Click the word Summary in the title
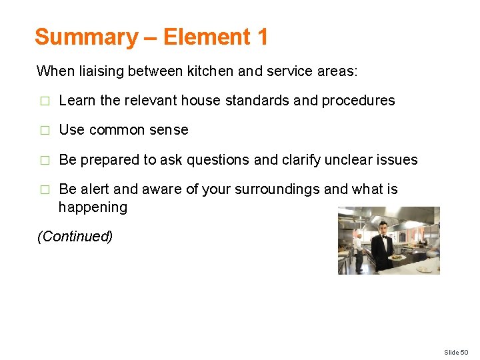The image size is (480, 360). pyautogui.click(x=85, y=37)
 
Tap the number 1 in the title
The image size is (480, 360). pyautogui.click(x=261, y=37)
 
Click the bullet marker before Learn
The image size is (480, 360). pyautogui.click(x=44, y=101)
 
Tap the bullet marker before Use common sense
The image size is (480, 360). pyautogui.click(x=44, y=131)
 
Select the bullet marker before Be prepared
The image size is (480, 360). pyautogui.click(x=44, y=161)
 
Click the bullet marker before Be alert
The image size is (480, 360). pyautogui.click(x=44, y=190)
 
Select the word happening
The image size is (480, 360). pyautogui.click(x=93, y=207)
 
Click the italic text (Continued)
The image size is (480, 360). pyautogui.click(x=75, y=237)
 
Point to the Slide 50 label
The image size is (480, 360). pyautogui.click(x=456, y=352)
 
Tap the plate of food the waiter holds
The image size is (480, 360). pyautogui.click(x=397, y=257)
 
